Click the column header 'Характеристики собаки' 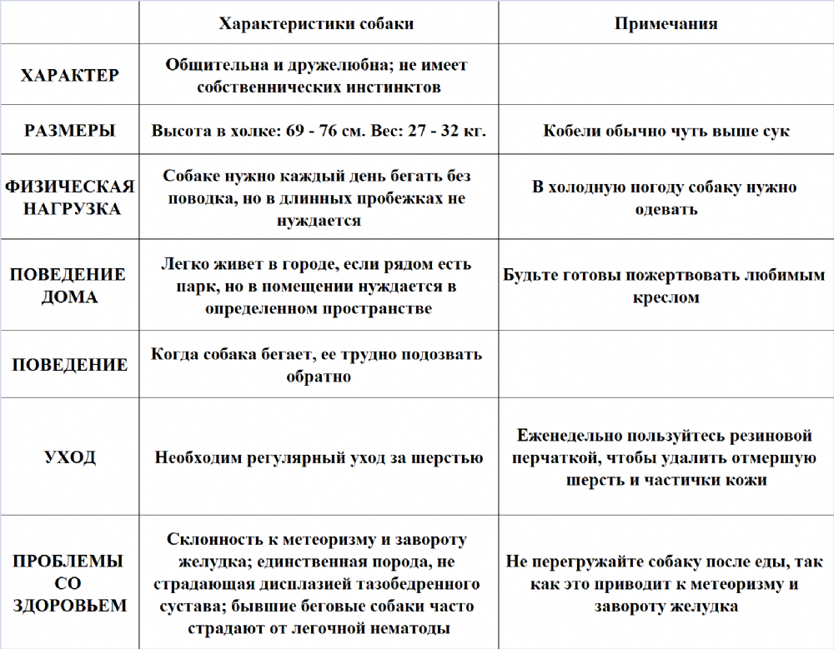(x=316, y=23)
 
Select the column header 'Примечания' (x=666, y=23)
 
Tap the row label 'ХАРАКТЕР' (x=69, y=75)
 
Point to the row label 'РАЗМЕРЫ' (x=69, y=131)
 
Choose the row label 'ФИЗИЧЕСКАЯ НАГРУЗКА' (x=69, y=197)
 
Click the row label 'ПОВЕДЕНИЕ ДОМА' (x=69, y=285)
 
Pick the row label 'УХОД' (x=69, y=457)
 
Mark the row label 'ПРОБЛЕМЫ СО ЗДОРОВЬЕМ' (x=69, y=583)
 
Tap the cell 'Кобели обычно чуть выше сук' (x=666, y=131)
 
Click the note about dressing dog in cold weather (x=666, y=197)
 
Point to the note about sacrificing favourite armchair (x=666, y=285)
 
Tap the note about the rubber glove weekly (x=666, y=457)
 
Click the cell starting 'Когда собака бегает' (x=317, y=365)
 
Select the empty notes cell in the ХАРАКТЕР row (x=666, y=75)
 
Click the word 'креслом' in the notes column (x=666, y=297)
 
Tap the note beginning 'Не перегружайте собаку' (x=666, y=583)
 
